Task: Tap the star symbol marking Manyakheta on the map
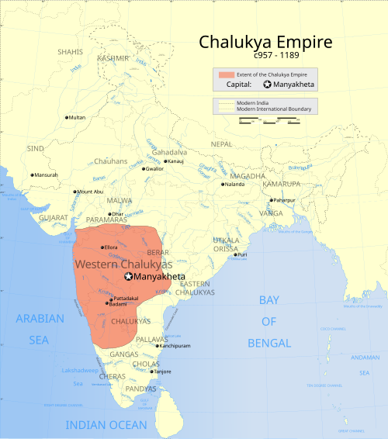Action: coord(129,276)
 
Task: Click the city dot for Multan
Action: coord(66,117)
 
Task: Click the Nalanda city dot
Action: coord(223,185)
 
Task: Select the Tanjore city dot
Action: coord(151,372)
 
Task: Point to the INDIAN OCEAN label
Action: coord(106,425)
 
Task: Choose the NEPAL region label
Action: coord(221,144)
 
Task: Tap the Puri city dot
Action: coord(235,254)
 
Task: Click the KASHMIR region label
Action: coord(113,58)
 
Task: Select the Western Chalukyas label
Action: coord(123,265)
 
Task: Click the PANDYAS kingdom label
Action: coord(141,389)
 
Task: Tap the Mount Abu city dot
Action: coord(75,192)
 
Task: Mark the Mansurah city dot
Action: coord(32,175)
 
